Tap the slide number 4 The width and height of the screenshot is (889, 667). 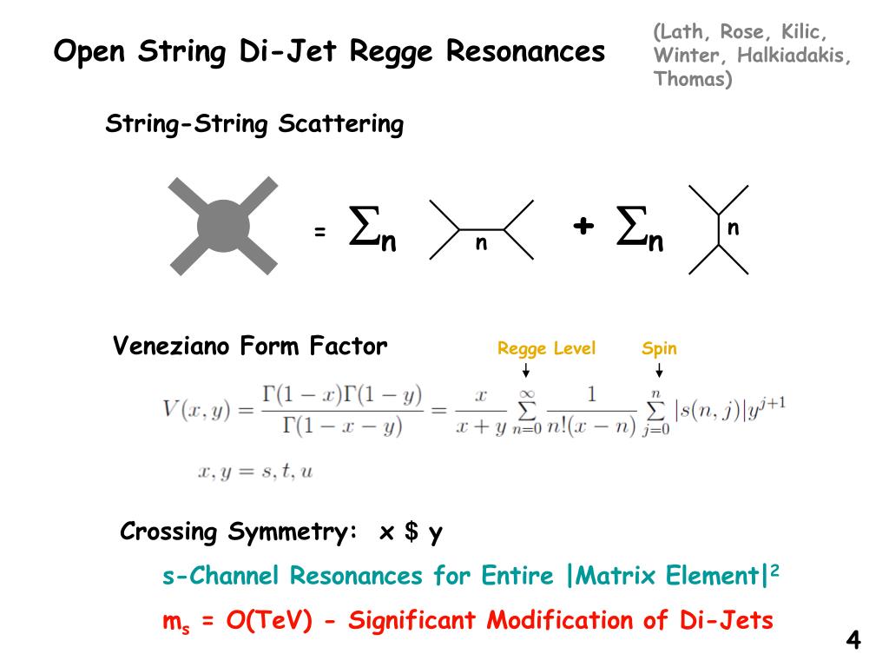[853, 641]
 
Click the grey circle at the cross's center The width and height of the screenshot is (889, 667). [223, 225]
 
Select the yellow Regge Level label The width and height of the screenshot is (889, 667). [546, 349]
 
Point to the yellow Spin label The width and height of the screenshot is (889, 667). [659, 349]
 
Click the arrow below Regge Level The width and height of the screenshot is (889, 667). [525, 371]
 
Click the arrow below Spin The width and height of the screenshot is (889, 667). [659, 371]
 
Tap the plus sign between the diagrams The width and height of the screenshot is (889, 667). [583, 226]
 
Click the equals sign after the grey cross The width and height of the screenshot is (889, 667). [319, 232]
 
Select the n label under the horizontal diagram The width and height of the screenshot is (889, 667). [480, 244]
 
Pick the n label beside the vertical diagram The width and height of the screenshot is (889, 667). [733, 228]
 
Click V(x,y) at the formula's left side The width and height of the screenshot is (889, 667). [196, 408]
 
